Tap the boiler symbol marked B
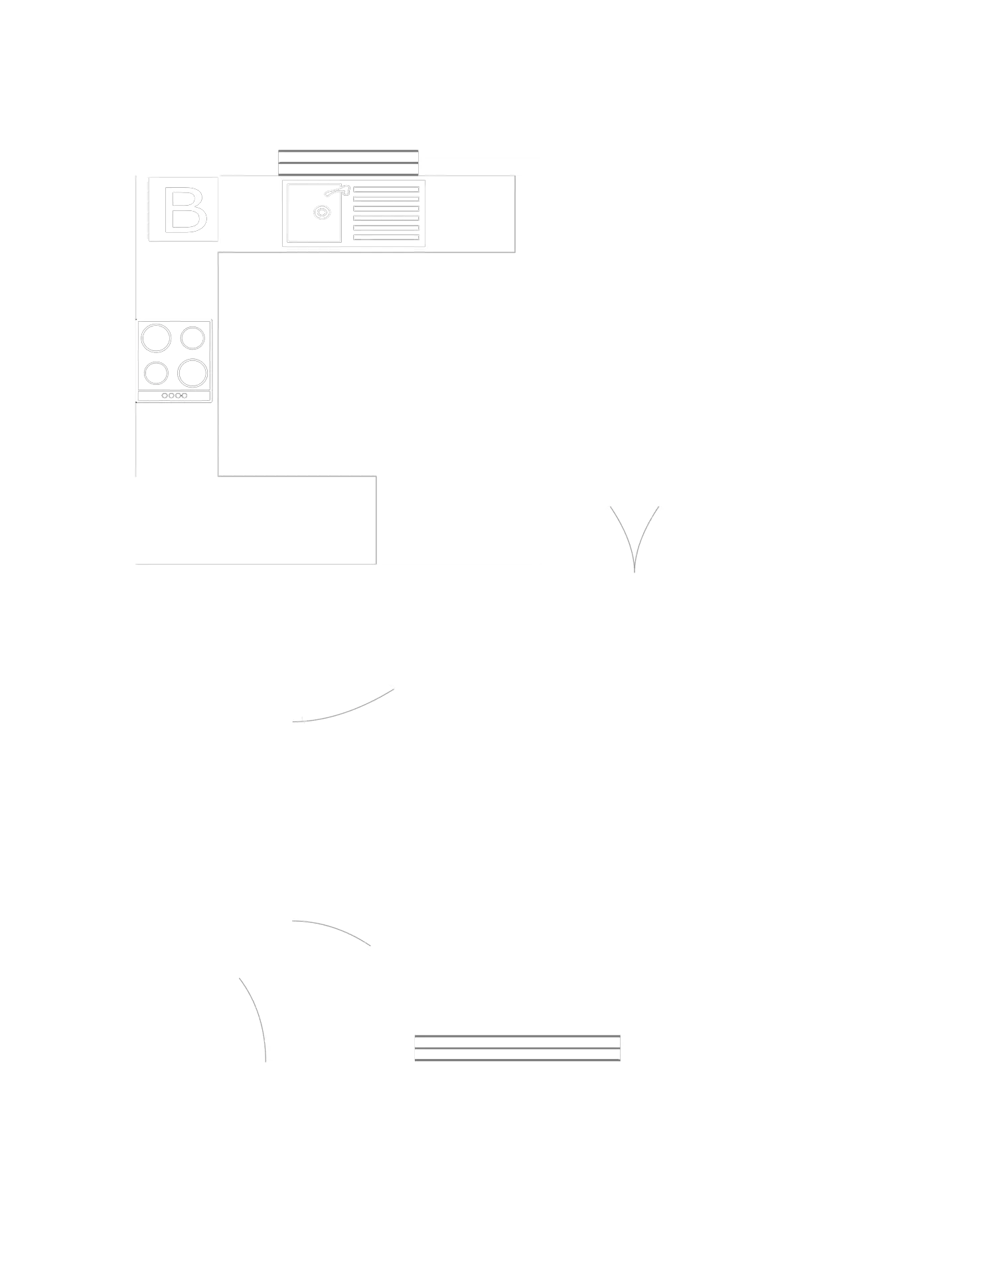(185, 210)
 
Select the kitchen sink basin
(315, 212)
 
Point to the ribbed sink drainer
(386, 214)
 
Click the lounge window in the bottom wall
(518, 1046)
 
